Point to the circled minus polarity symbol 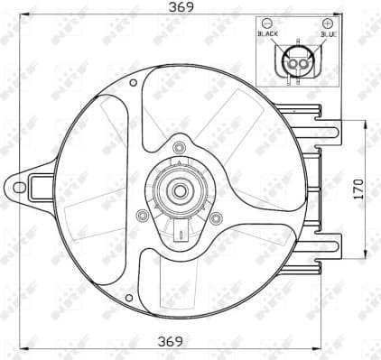coord(268,22)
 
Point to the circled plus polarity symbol coord(327,22)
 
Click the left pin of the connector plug coord(291,62)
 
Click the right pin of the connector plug coord(302,62)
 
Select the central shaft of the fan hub coord(179,190)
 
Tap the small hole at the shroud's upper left coord(134,83)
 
